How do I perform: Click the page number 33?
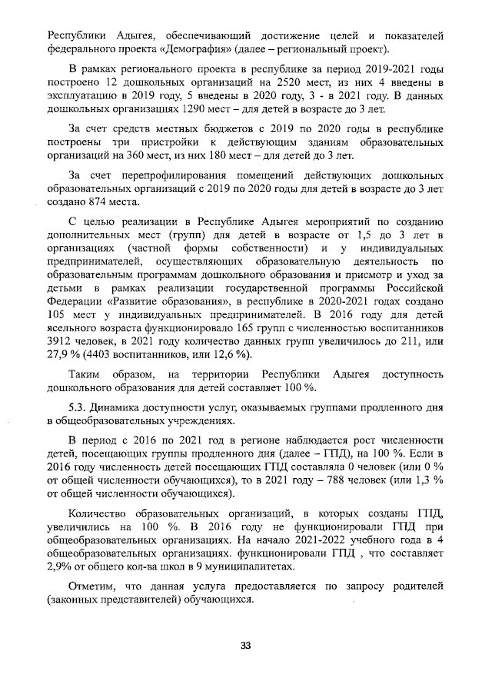246,646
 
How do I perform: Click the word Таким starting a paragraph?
85,374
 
